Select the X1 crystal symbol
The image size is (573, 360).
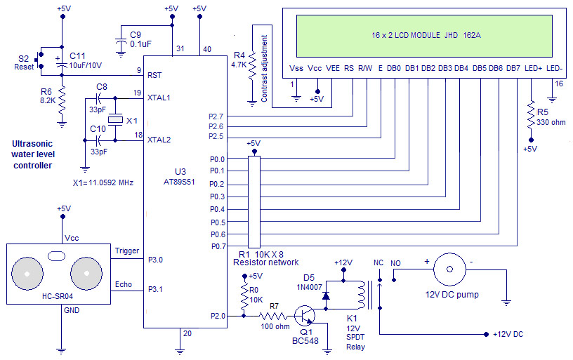tap(119, 121)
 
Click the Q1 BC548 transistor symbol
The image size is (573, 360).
tap(305, 315)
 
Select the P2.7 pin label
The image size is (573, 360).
tap(216, 116)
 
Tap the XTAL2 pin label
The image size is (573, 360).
tap(159, 140)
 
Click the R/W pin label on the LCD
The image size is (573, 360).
tap(365, 69)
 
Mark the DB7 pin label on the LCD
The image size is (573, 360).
tap(513, 69)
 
